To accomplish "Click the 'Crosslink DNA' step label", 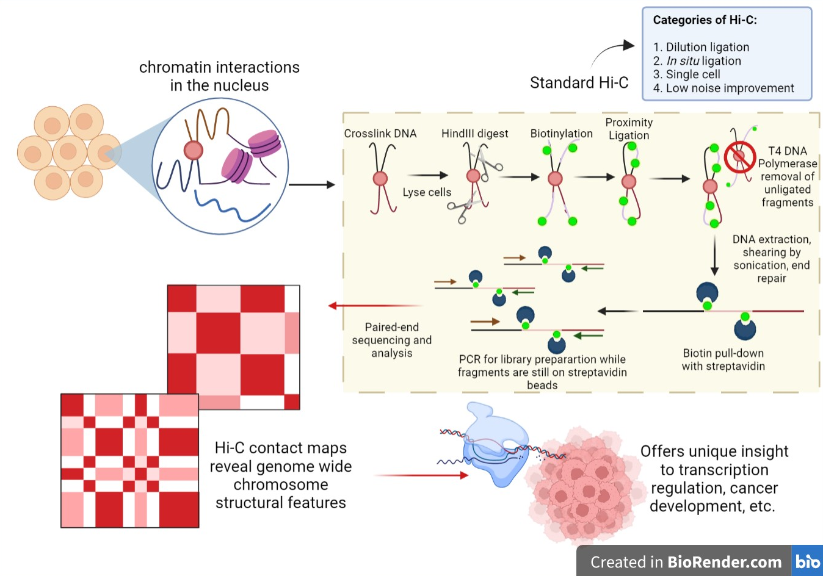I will (x=380, y=134).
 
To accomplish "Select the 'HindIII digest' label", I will (x=474, y=134).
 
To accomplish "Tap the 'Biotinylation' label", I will (x=561, y=134).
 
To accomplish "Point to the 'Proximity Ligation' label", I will (x=629, y=129).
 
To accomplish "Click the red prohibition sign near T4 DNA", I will (x=740, y=157).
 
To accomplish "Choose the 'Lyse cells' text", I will (x=427, y=192).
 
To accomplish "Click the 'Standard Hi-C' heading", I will (x=579, y=83).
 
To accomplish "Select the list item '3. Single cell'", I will (x=686, y=74).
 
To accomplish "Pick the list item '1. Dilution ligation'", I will (x=701, y=47).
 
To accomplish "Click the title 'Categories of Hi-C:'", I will (x=705, y=20).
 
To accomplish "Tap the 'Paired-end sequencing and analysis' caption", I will (x=391, y=340).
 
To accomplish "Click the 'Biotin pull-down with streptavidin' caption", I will (x=723, y=359).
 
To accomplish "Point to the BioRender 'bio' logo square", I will (x=807, y=561).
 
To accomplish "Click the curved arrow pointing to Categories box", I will (x=612, y=51).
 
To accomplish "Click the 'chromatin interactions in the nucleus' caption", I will (x=219, y=76).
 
